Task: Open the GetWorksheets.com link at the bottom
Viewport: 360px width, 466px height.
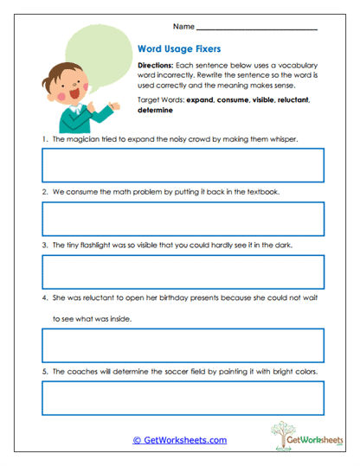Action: (179, 440)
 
